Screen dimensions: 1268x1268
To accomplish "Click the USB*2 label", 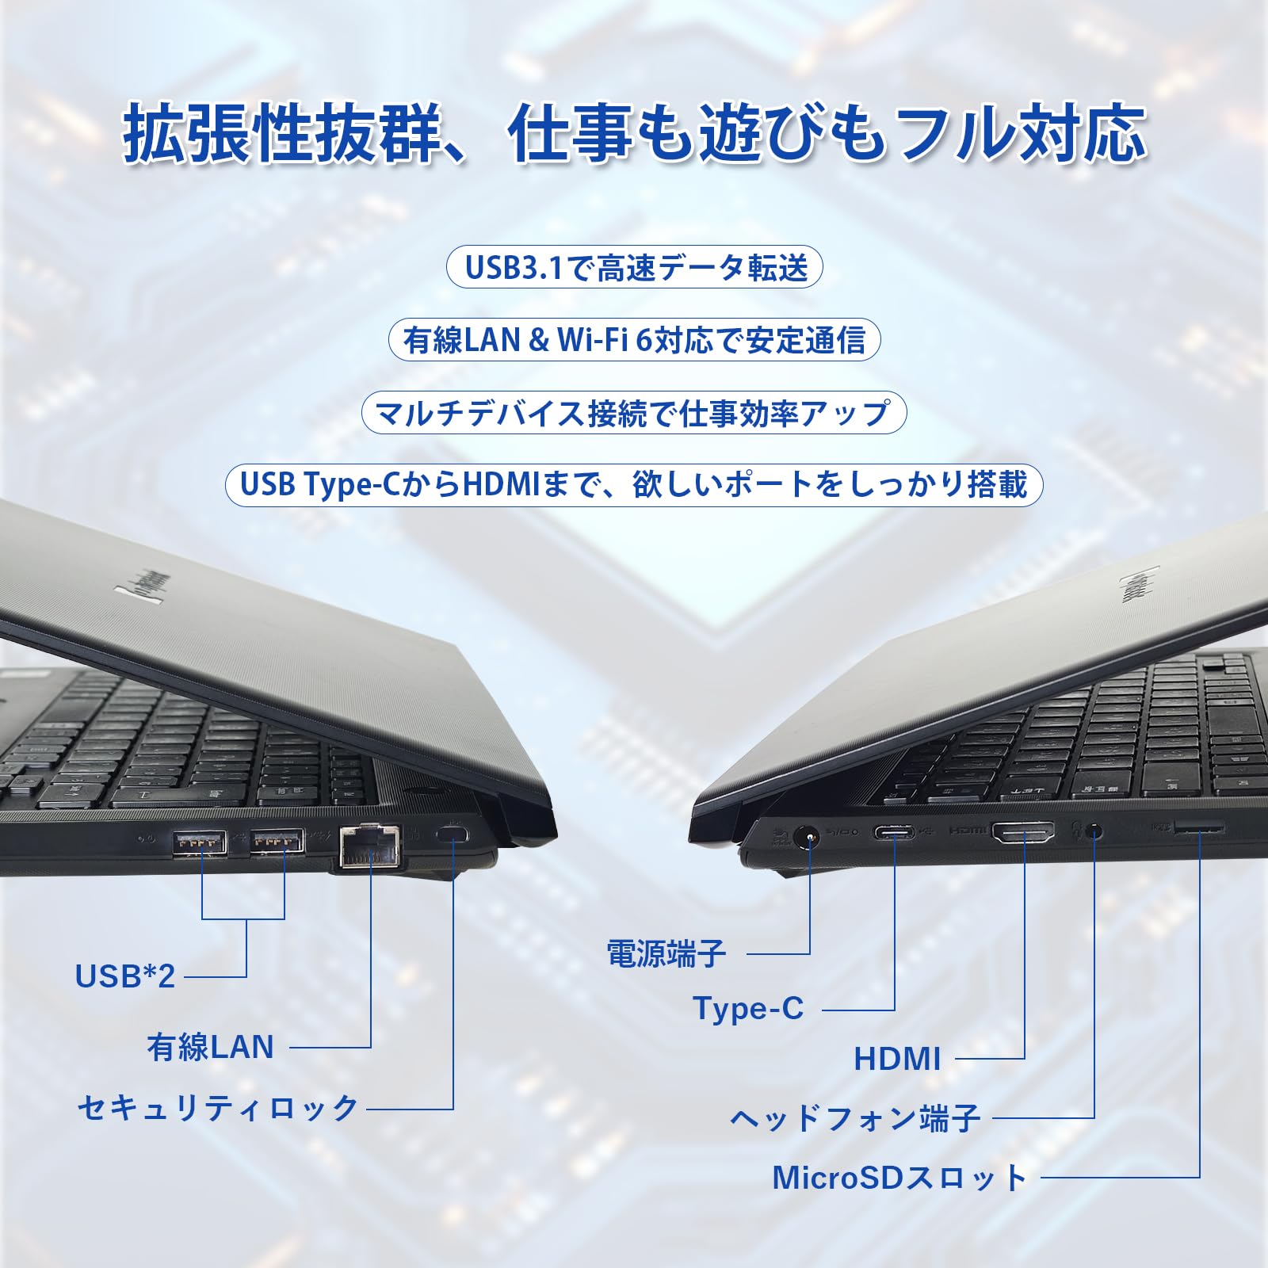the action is [x=124, y=976].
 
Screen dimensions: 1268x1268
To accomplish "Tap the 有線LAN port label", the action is [x=211, y=1047].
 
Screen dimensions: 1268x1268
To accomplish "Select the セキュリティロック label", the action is [x=218, y=1107].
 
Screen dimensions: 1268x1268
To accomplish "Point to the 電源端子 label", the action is [x=666, y=953].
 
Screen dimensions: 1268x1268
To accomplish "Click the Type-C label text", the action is [x=748, y=1009].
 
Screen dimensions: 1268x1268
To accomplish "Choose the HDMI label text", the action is [x=897, y=1059].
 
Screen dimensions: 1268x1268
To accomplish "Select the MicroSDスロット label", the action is [x=899, y=1178].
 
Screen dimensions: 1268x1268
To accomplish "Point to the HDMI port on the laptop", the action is [x=1024, y=832].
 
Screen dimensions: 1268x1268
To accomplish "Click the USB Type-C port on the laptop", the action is [x=895, y=833].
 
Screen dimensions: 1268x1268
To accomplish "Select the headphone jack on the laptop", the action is [x=1094, y=832].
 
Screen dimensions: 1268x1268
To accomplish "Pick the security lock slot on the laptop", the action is [x=454, y=835].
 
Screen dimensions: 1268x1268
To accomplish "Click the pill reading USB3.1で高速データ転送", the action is [x=635, y=267].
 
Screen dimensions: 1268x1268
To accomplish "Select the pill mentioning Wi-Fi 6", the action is [x=634, y=340].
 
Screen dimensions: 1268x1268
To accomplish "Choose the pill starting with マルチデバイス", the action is [x=633, y=413].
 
